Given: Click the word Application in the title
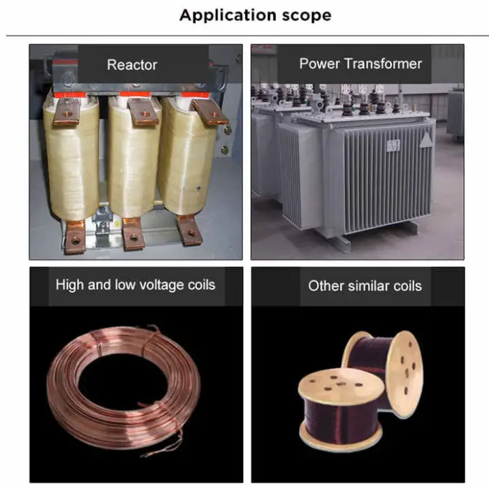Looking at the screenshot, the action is pos(228,15).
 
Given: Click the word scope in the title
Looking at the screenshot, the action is pos(307,15).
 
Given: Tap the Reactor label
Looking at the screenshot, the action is pos(132,65).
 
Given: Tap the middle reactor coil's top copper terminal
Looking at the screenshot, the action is pos(142,112).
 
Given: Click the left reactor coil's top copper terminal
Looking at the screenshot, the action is pos(67,111).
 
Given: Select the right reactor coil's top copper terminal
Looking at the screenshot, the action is pos(210,112).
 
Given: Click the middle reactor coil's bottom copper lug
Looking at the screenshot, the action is pos(133,233).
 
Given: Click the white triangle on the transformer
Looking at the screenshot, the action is pos(426,140).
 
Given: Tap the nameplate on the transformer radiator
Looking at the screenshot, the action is pos(393,145).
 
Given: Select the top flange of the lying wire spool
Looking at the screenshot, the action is pos(341,385).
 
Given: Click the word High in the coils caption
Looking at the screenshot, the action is pos(70,285).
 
